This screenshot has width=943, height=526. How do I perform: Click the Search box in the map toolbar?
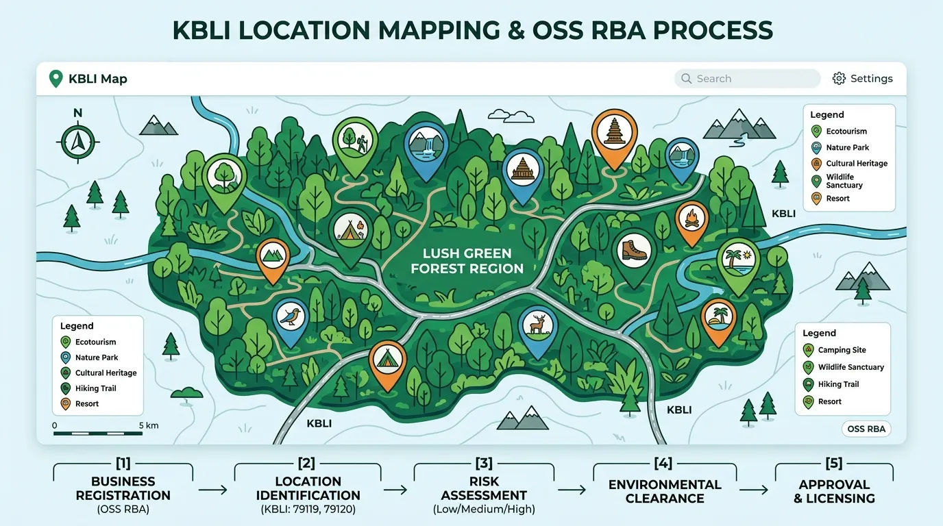747,79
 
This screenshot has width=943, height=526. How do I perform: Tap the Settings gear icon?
839,79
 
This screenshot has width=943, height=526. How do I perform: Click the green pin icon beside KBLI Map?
56,79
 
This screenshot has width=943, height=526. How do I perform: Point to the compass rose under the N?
78,141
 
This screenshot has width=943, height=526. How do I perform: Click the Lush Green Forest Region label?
467,261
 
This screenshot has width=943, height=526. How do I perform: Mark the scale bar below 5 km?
98,433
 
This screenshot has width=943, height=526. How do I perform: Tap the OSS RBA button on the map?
866,429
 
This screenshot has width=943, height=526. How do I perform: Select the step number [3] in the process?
484,463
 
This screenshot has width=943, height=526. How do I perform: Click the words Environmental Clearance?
665,491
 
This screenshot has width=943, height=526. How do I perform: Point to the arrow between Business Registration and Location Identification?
213,490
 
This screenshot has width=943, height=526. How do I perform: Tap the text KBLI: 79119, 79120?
308,509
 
